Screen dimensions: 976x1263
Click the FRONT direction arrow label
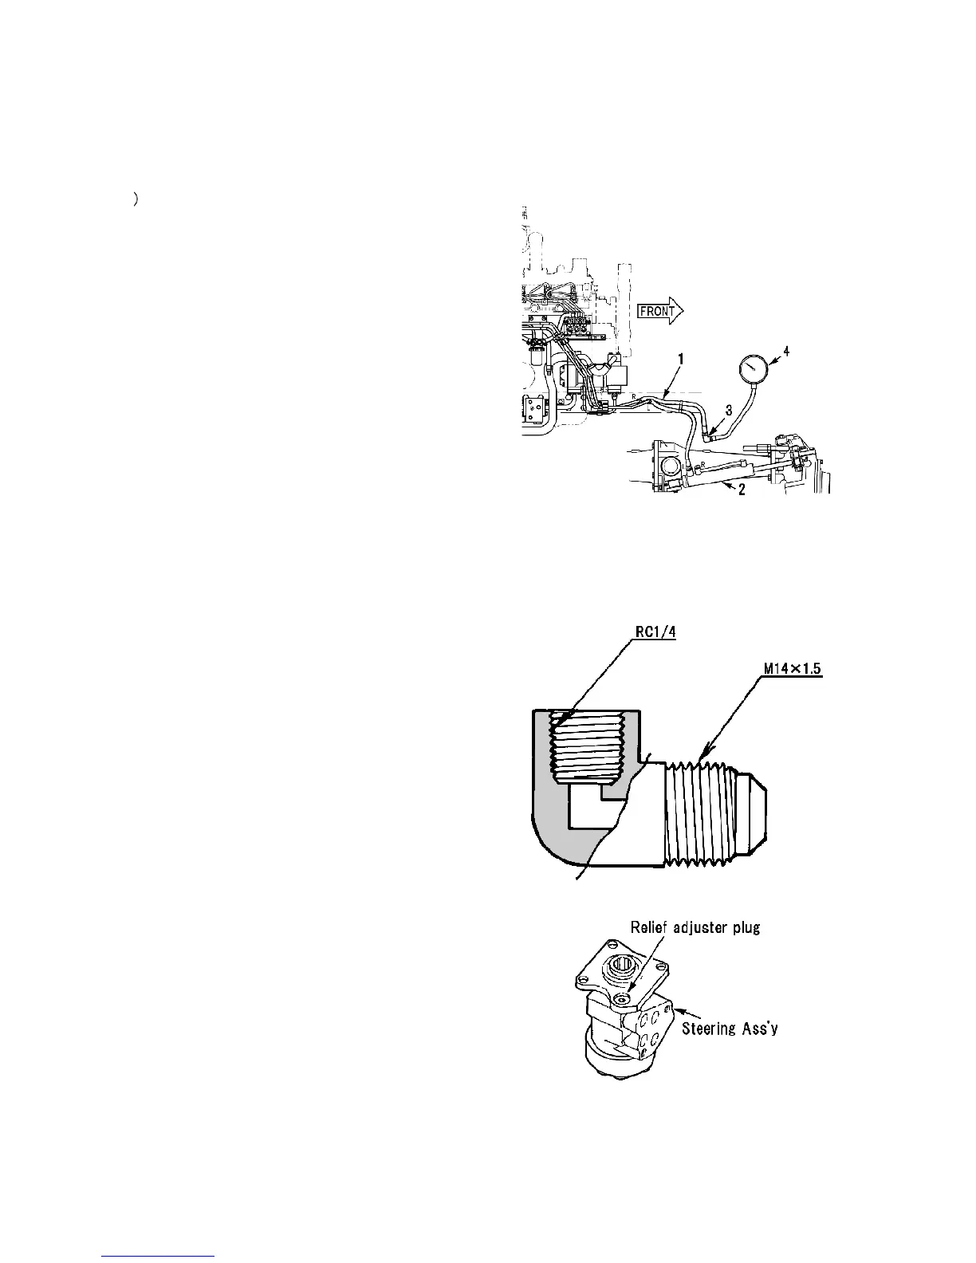[x=657, y=311]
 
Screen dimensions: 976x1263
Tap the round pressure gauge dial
[x=754, y=370]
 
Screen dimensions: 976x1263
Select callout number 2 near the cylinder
[x=742, y=490]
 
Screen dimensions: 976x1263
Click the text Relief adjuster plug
[x=695, y=927]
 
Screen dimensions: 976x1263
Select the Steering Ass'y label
[x=730, y=1029]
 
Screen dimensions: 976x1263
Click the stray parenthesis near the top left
[x=137, y=201]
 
